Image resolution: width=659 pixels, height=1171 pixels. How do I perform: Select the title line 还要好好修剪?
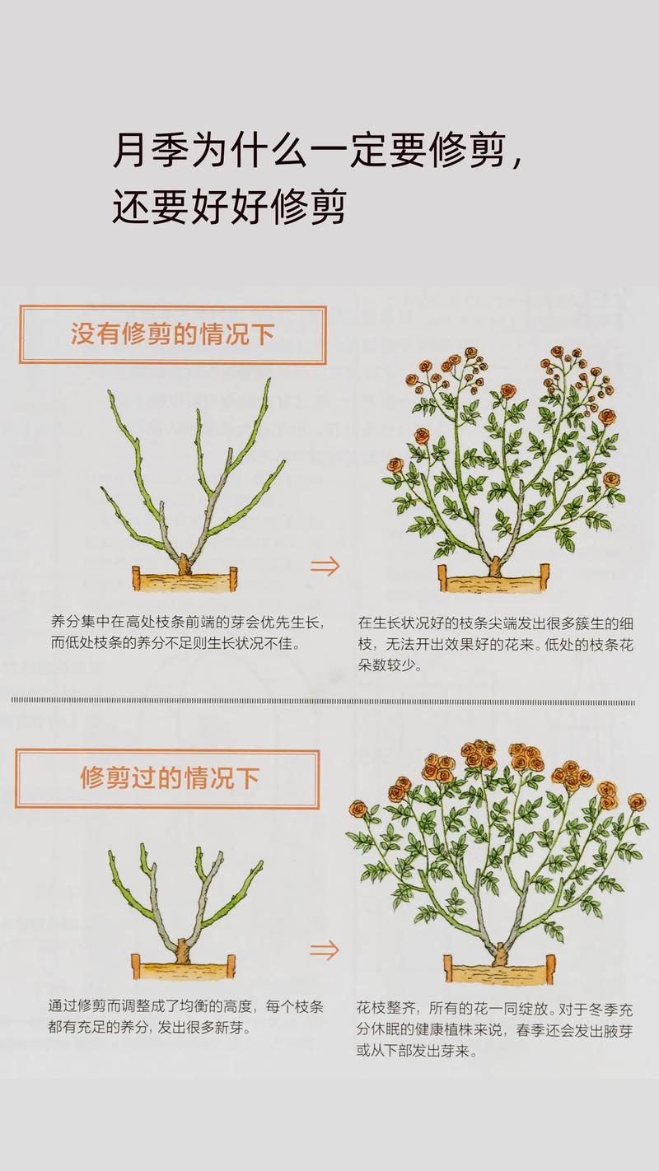tap(228, 207)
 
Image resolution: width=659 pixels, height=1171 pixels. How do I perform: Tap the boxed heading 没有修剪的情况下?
tap(172, 334)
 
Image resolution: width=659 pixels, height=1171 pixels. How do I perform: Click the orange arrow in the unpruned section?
tap(325, 566)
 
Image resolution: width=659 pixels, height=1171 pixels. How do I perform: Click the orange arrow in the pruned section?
tap(325, 949)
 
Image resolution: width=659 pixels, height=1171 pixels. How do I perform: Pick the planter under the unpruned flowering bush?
tap(493, 580)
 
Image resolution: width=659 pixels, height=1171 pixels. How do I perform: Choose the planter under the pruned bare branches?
tap(183, 967)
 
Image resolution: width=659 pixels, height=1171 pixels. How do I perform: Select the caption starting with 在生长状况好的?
tap(495, 644)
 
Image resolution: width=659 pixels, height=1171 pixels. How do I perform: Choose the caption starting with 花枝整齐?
tap(494, 1029)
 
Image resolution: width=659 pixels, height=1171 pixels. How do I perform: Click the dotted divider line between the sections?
tap(323, 702)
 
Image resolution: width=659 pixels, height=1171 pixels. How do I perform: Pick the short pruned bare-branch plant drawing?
tap(185, 898)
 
